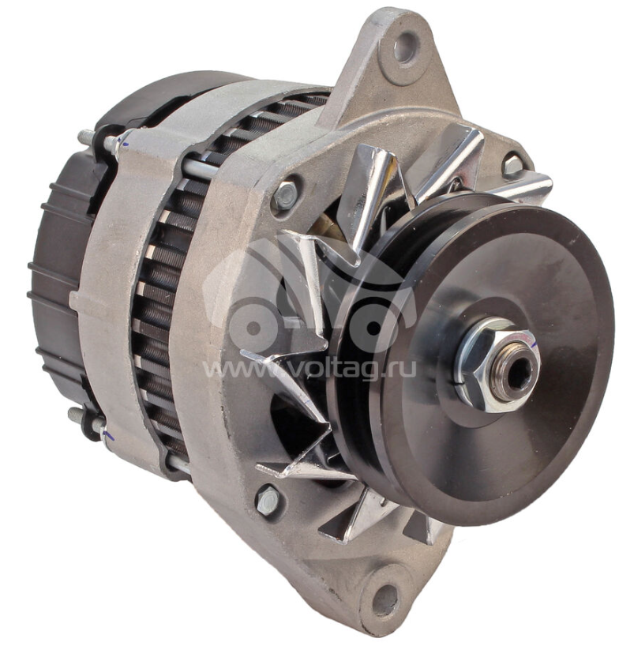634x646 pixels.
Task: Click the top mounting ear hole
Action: click(406, 47)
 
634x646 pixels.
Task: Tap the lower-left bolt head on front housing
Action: click(268, 500)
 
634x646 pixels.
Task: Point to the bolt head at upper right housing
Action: click(513, 164)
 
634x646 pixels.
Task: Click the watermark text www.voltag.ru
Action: click(309, 368)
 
